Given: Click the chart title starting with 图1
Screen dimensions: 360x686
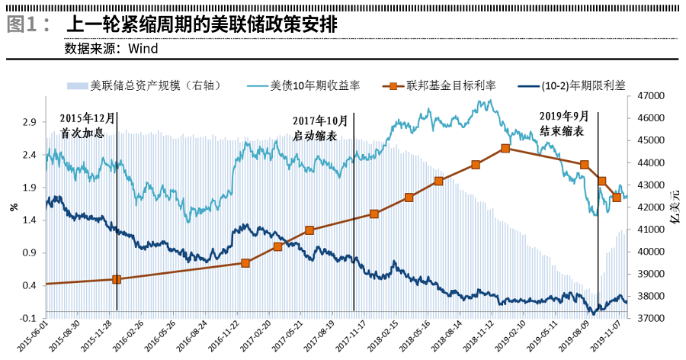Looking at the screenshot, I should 171,24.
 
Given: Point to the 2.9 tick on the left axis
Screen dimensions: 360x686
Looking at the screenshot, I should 28,122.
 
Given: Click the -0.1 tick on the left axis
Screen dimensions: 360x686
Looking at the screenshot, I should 27,318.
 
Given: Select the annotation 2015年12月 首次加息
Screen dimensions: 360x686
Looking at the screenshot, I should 86,125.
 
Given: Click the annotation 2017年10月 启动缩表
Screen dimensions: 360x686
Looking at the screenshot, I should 320,127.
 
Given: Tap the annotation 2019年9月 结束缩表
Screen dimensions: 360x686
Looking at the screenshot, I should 564,123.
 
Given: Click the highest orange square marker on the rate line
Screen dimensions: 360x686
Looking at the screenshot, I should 505,149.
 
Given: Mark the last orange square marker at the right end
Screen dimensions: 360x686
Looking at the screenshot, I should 617,198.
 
